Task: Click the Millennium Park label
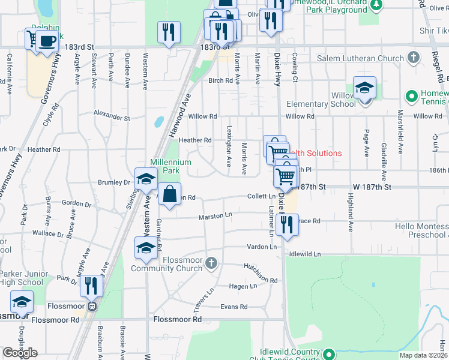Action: tap(171, 166)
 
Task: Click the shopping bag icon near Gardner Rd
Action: tap(170, 194)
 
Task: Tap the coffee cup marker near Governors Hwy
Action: tap(47, 41)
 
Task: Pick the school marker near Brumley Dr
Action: tap(146, 179)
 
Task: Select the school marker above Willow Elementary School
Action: tap(364, 89)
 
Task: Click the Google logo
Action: tap(20, 353)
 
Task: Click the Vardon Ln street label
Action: tap(262, 247)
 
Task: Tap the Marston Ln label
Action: tap(215, 215)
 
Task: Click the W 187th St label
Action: tap(372, 187)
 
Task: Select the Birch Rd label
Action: tap(220, 80)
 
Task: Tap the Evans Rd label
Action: tap(234, 307)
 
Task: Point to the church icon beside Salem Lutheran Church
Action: tap(412, 58)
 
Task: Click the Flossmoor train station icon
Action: tap(92, 306)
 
